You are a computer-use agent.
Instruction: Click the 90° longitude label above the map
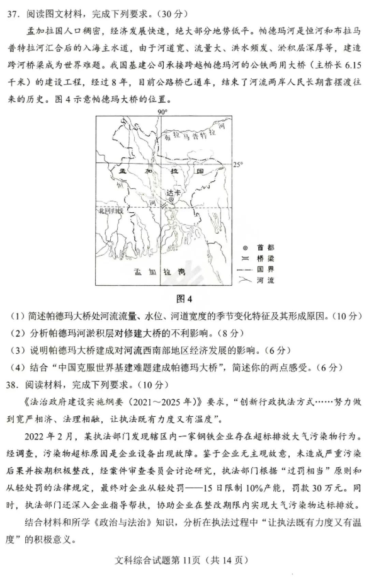click(x=162, y=111)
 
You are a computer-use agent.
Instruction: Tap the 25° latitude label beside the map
click(x=238, y=165)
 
